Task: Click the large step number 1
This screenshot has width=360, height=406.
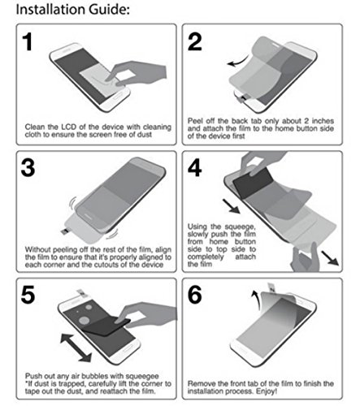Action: pyautogui.click(x=28, y=41)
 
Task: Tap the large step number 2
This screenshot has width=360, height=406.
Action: pyautogui.click(x=195, y=41)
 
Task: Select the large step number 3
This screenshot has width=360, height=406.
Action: pyautogui.click(x=28, y=168)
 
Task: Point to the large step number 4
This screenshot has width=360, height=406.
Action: pyautogui.click(x=195, y=168)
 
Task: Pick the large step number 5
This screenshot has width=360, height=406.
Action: pyautogui.click(x=28, y=295)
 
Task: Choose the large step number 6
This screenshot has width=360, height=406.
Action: pyautogui.click(x=195, y=295)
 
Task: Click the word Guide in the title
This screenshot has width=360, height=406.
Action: pyautogui.click(x=107, y=9)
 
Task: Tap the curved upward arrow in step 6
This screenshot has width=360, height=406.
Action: pyautogui.click(x=256, y=300)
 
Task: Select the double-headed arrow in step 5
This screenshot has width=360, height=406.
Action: pyautogui.click(x=76, y=348)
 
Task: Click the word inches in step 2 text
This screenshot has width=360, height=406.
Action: pyautogui.click(x=323, y=121)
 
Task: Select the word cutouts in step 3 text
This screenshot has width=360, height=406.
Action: pyautogui.click(x=103, y=265)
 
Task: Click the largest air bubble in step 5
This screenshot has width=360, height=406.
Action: pyautogui.click(x=85, y=320)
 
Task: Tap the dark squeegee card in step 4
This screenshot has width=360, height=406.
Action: pyautogui.click(x=253, y=182)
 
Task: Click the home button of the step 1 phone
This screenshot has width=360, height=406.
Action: pyautogui.click(x=118, y=97)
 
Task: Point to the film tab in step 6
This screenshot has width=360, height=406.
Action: pyautogui.click(x=271, y=287)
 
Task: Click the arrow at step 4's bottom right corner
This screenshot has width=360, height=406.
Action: pyautogui.click(x=330, y=258)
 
